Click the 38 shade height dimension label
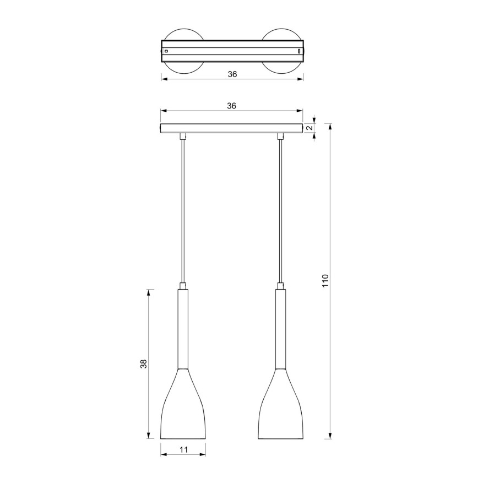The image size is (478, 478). [x=144, y=364]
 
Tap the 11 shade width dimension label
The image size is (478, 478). [x=183, y=450]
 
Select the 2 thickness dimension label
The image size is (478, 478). [x=310, y=128]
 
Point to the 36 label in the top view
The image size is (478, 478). [x=232, y=74]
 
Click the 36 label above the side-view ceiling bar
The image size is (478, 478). [x=231, y=106]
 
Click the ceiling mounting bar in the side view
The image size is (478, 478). [x=231, y=128]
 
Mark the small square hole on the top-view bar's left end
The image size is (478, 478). [x=166, y=51]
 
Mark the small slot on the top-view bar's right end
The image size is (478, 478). [x=299, y=51]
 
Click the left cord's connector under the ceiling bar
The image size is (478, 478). [x=183, y=135]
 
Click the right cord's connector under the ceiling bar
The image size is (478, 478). [x=281, y=135]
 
